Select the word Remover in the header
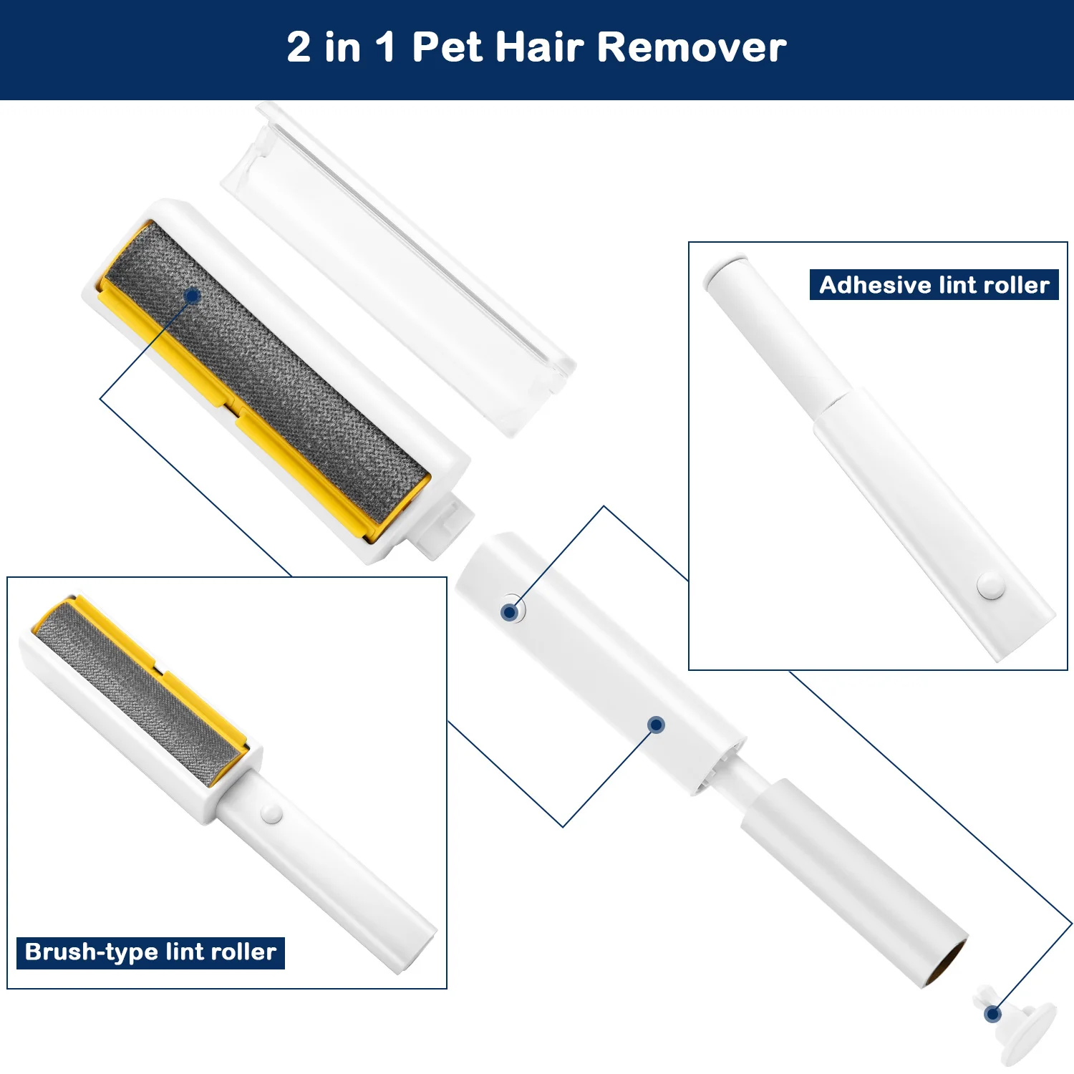coord(692,47)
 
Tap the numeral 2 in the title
coord(299,47)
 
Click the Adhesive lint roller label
coord(934,285)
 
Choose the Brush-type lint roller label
coord(150,952)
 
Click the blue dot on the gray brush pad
coord(192,296)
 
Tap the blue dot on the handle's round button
coord(510,612)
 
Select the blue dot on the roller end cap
coord(992,1014)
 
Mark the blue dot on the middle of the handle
coord(657,725)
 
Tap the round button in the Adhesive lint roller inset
coord(991,586)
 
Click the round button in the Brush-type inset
coord(271,813)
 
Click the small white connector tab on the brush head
coord(444,526)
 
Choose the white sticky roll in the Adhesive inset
coord(777,337)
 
